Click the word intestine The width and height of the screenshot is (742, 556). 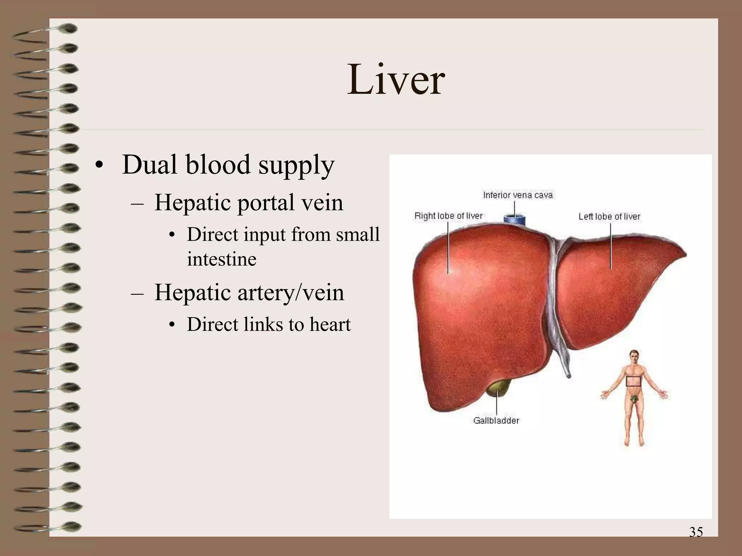pyautogui.click(x=222, y=259)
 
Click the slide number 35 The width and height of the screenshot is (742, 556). pyautogui.click(x=696, y=532)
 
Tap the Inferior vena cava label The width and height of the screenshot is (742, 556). pyautogui.click(x=518, y=195)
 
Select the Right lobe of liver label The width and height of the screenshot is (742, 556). pyautogui.click(x=449, y=216)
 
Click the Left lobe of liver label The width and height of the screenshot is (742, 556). pyautogui.click(x=609, y=216)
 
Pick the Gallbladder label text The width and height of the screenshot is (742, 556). pyautogui.click(x=496, y=421)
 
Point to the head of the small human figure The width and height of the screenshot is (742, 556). pyautogui.click(x=634, y=357)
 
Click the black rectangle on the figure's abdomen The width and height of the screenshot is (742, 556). pyautogui.click(x=633, y=382)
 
